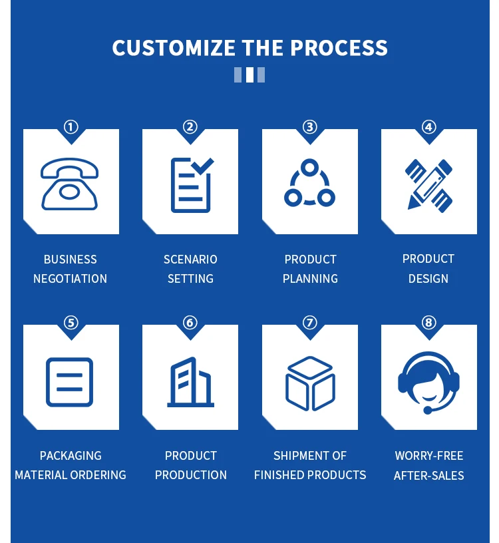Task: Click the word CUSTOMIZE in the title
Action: (174, 48)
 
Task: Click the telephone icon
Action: (70, 184)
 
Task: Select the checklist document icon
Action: (191, 184)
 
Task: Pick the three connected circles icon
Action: (310, 184)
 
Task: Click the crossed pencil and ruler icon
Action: (429, 184)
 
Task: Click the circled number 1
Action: (71, 127)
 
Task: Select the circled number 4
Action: (429, 127)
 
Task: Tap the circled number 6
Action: (190, 323)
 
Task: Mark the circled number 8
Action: (429, 323)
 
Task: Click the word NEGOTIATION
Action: (71, 279)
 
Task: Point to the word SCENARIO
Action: (190, 260)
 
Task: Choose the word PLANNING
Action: (310, 279)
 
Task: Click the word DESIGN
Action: (428, 279)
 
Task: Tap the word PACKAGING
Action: (71, 456)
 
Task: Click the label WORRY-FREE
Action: (429, 456)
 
